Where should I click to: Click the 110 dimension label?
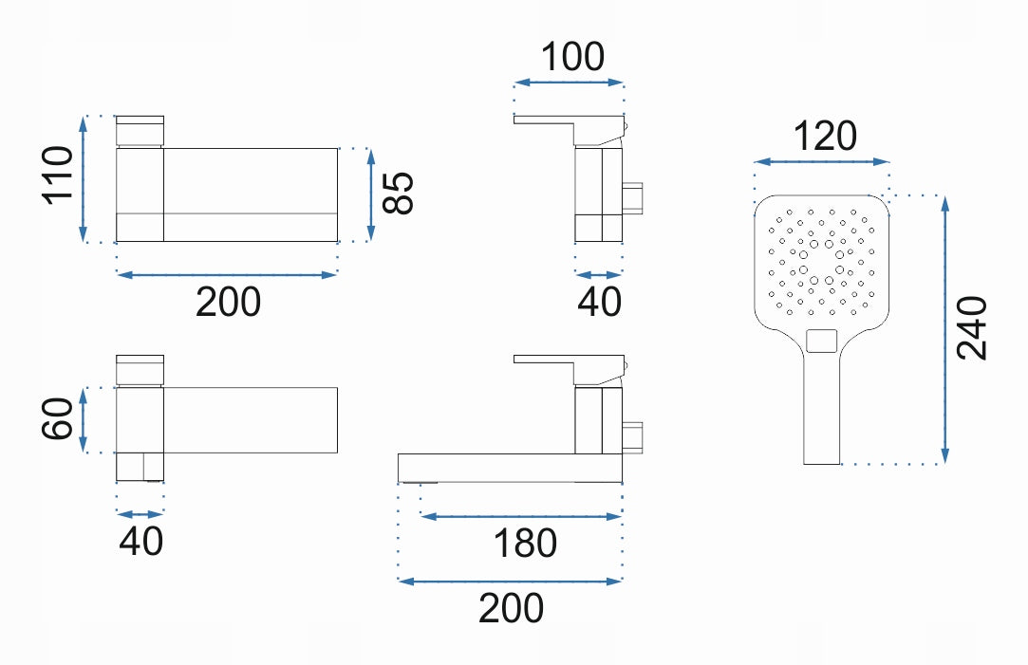(58, 175)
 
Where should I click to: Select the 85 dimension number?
(399, 193)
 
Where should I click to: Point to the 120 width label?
(825, 137)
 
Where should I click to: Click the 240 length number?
(972, 327)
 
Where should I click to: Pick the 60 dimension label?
(57, 418)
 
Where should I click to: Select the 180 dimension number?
(525, 544)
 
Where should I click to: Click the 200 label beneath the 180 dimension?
(511, 608)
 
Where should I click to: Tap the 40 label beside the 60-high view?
(140, 541)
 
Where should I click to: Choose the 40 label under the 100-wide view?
(599, 302)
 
